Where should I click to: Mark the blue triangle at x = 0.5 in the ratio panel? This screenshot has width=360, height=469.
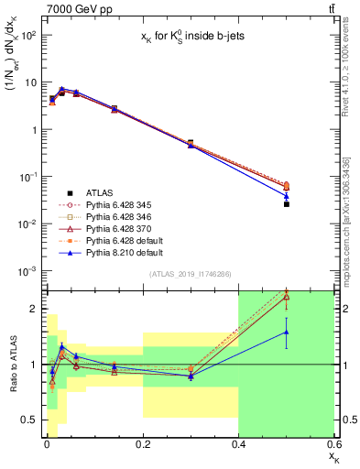point(287,333)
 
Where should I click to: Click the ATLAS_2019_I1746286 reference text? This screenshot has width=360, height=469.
point(189,274)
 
